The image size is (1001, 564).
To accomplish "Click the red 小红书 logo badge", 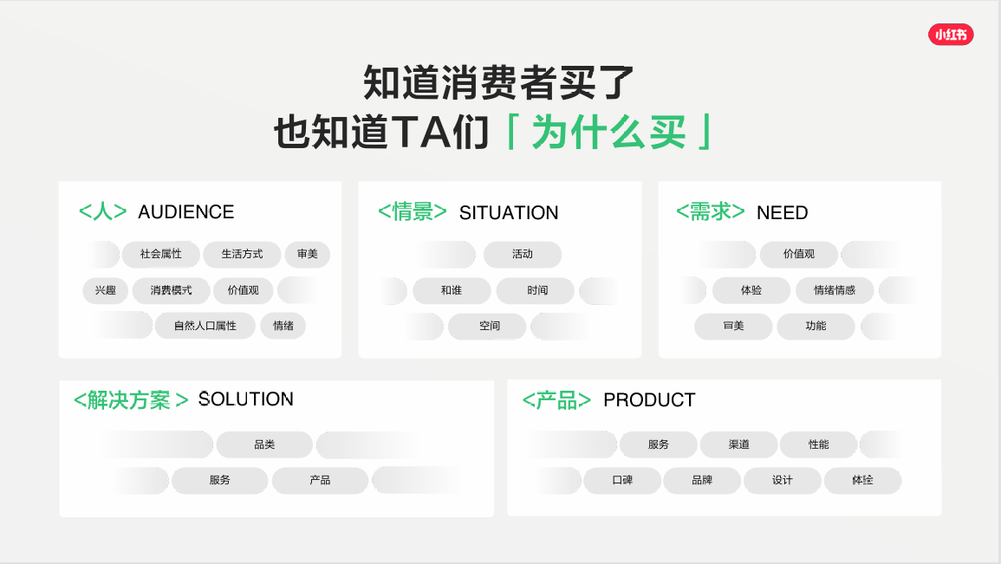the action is click(951, 35).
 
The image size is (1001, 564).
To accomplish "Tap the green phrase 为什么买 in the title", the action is click(608, 132).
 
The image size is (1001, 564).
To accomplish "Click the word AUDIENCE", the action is click(185, 211).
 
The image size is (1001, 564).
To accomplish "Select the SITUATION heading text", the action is click(509, 212).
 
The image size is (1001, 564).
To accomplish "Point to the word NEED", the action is click(782, 212).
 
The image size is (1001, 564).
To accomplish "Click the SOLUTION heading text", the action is click(246, 399).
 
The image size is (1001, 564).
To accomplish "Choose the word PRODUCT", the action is click(649, 399).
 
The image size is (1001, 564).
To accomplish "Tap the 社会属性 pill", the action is click(161, 254).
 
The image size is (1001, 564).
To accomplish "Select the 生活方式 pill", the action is click(242, 254).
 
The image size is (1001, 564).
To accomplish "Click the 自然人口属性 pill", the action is click(205, 326).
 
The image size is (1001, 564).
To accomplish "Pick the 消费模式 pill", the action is click(171, 290).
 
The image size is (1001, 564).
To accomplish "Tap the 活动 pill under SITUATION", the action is click(523, 254).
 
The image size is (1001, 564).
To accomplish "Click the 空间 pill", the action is click(489, 326).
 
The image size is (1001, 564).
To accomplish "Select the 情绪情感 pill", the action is click(835, 290).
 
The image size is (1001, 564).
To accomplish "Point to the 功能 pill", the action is click(816, 326).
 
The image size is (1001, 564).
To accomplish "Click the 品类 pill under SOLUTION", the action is click(264, 444).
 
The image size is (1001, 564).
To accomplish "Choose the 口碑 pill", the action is click(622, 480).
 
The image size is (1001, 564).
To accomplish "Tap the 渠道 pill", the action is click(738, 444).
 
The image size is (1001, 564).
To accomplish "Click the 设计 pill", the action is click(782, 480).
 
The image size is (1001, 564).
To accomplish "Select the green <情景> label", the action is click(413, 211).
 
